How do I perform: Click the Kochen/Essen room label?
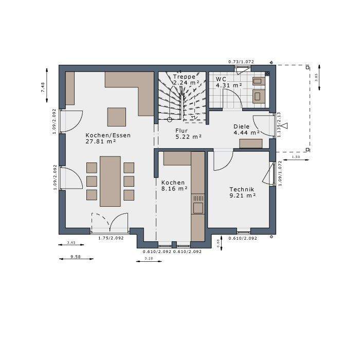(108, 135)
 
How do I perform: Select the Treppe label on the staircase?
(184, 77)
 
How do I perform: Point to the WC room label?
(222, 79)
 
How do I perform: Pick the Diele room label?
(241, 126)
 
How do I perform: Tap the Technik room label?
(242, 189)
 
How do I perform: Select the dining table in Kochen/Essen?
(110, 181)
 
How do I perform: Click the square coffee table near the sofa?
(117, 117)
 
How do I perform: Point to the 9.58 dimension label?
(76, 256)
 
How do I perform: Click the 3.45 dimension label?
(71, 242)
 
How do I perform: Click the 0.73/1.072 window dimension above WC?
(241, 62)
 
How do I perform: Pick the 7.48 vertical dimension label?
(43, 87)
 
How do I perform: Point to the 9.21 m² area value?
(243, 195)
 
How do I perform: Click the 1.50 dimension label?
(296, 157)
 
